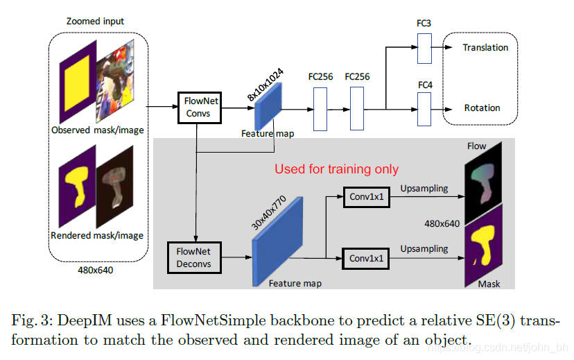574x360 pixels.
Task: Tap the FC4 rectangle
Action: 424,108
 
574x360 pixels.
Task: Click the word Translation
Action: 485,48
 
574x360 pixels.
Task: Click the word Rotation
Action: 482,108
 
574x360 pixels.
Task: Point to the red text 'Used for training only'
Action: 336,169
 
